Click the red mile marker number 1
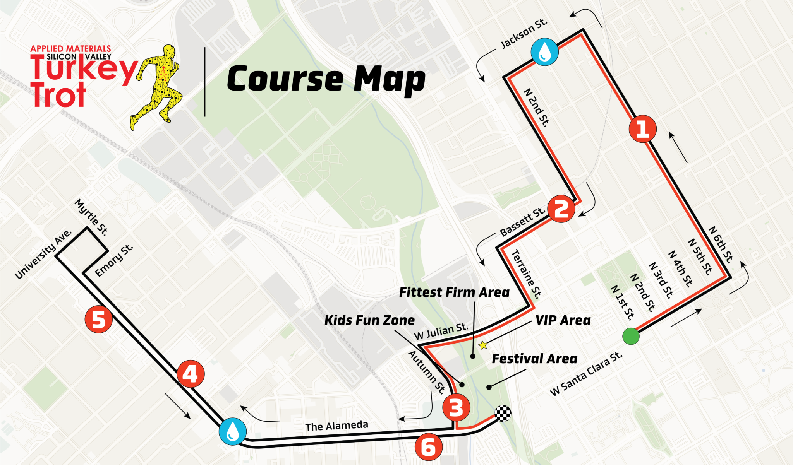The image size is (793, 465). coord(642,128)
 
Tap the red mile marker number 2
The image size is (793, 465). coord(561,209)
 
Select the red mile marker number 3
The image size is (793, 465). coord(456,407)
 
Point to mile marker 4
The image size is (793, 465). coord(191,374)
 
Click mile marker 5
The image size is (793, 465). coord(99,320)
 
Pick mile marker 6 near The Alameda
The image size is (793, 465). coord(428,447)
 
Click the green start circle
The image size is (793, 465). coord(631,336)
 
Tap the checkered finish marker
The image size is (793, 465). coord(503,414)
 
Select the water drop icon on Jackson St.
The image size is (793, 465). coord(544,51)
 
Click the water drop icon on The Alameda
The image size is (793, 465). coord(232,431)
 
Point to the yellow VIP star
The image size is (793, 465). coord(483,345)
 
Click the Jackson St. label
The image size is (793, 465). coord(524,34)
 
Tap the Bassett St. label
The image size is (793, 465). coord(522,222)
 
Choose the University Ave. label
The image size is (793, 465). coord(43,254)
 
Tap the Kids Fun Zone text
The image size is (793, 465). coord(369,320)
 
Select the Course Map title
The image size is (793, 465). coord(326,79)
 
